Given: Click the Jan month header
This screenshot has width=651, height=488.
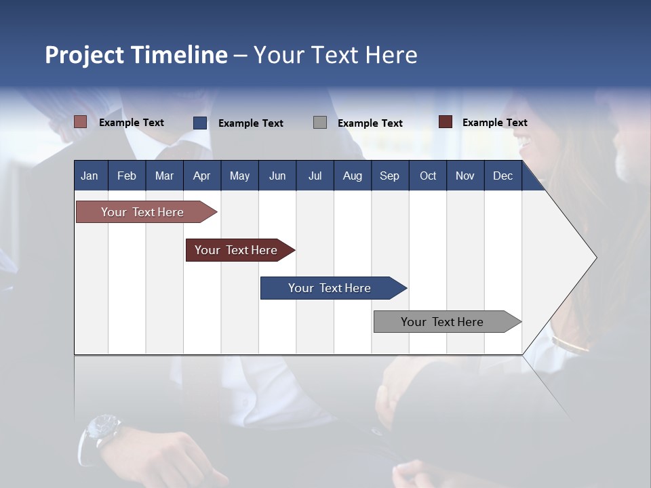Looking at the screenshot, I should [x=90, y=176].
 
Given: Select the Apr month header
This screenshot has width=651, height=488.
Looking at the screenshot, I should [x=201, y=176].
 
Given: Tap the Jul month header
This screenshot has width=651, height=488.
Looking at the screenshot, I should [x=315, y=176].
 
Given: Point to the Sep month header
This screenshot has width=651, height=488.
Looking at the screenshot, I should [x=389, y=176].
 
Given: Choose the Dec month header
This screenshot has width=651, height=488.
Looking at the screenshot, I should [x=502, y=176].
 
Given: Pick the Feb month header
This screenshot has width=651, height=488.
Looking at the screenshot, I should [x=127, y=176].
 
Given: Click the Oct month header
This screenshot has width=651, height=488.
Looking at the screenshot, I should [x=428, y=176].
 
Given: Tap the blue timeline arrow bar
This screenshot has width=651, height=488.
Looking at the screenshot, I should [x=330, y=288].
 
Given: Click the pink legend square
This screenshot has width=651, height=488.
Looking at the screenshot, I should [x=81, y=122].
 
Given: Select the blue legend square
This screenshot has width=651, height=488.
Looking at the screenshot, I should [x=200, y=123].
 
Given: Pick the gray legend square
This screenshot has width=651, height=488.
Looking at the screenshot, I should [x=320, y=123].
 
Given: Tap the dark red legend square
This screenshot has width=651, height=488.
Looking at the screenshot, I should [x=446, y=122].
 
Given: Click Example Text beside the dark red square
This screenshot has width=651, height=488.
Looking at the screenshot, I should [x=494, y=123].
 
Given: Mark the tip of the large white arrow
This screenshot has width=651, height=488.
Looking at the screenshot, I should [x=595, y=258].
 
